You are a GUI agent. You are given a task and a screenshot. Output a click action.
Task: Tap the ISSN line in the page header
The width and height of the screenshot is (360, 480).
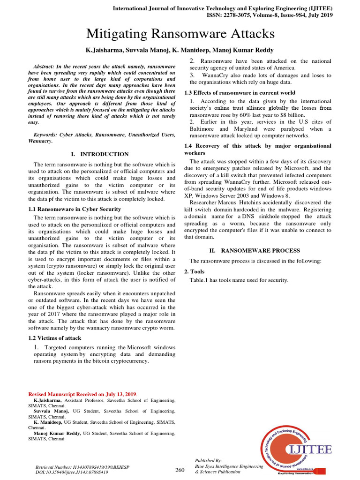269,15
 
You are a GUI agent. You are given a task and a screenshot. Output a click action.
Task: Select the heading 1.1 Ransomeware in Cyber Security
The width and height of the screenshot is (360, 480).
74,209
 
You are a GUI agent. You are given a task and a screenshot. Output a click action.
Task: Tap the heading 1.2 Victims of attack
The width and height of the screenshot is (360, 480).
54,337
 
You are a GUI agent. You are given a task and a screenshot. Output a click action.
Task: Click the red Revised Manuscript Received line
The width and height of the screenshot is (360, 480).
82,394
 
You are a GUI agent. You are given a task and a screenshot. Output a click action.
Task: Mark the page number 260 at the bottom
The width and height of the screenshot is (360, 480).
180,470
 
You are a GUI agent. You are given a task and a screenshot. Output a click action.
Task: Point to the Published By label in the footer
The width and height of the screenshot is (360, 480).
209,461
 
